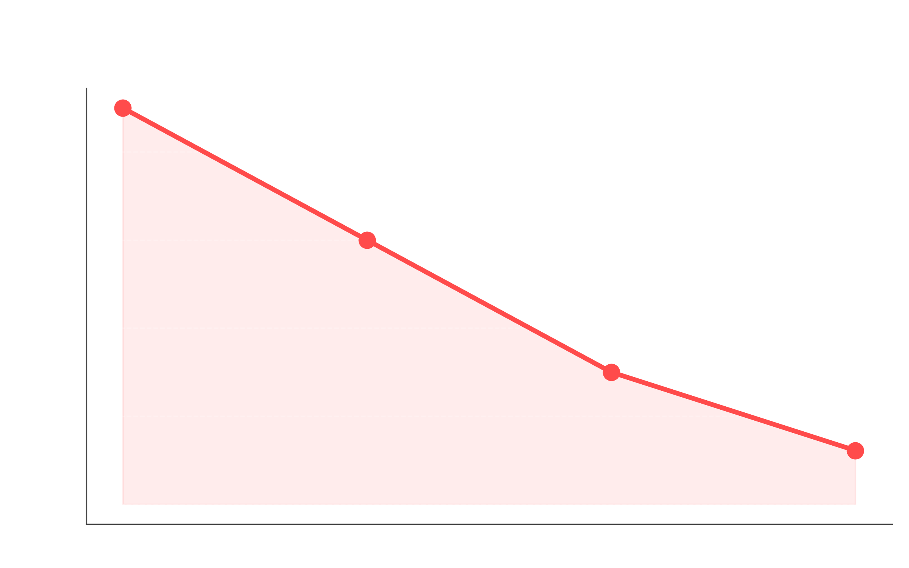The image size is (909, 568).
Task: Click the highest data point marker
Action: [x=123, y=108]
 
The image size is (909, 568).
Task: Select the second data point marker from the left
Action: [x=367, y=240]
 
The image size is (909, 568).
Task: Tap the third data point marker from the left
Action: [x=611, y=373]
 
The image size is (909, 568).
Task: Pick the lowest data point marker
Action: [x=855, y=451]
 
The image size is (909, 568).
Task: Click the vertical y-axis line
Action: [x=87, y=303]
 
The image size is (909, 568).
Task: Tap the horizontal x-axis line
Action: [x=489, y=524]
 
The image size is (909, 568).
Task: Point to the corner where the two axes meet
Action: [x=87, y=524]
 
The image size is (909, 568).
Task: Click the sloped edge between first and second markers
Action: [x=245, y=175]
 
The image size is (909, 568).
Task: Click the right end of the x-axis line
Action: [x=892, y=524]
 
